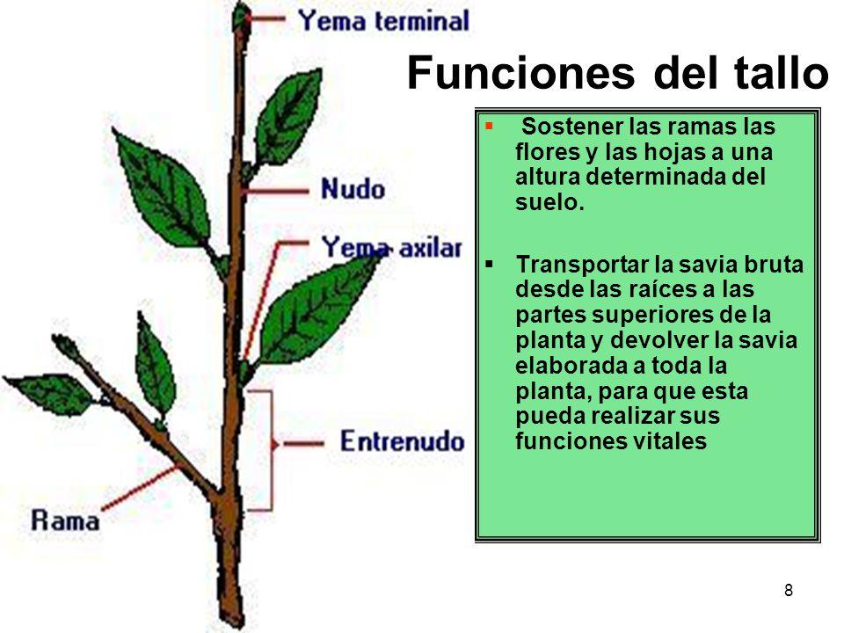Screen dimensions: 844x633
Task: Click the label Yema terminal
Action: (384, 21)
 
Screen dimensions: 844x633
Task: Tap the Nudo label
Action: (353, 189)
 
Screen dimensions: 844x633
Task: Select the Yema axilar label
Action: (392, 248)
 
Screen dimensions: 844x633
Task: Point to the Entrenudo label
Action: (402, 441)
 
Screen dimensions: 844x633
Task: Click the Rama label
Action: (65, 520)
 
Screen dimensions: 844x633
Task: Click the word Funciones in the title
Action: (520, 73)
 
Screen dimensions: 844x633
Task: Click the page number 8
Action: (789, 591)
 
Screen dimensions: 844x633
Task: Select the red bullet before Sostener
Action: (489, 127)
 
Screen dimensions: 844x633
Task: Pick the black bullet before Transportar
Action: (489, 265)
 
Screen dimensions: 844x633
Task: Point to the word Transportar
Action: (582, 265)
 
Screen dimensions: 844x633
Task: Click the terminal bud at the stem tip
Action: (241, 18)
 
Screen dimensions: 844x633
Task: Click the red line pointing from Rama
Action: (140, 488)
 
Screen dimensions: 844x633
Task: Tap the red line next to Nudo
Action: (275, 191)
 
